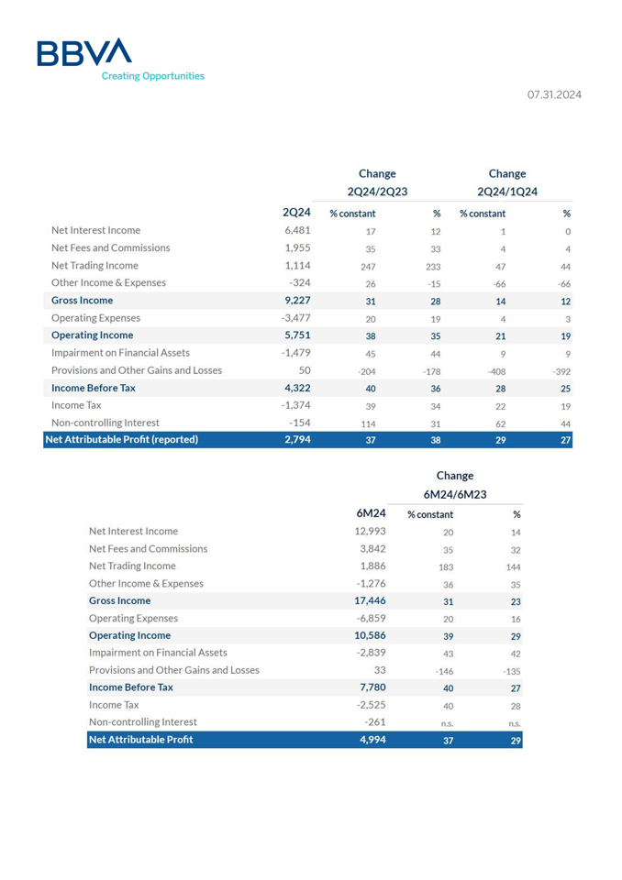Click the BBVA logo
click(83, 53)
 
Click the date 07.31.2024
click(554, 94)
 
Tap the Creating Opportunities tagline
click(152, 76)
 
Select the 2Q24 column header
click(296, 213)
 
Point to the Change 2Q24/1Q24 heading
click(507, 181)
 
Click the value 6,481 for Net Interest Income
click(298, 230)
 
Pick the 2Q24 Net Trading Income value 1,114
click(298, 265)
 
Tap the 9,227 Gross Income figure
click(298, 300)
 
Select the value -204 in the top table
click(365, 372)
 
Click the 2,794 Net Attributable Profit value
click(298, 440)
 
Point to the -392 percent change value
click(562, 372)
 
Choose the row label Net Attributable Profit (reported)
click(121, 440)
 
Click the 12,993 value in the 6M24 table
click(370, 531)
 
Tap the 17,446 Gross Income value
click(370, 600)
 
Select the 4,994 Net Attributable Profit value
click(372, 740)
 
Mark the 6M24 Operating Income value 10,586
click(370, 635)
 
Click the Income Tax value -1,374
click(297, 405)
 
